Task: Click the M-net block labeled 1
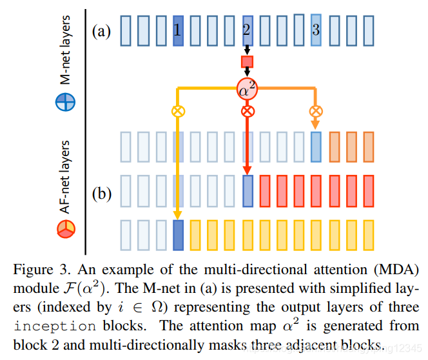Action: [x=178, y=30]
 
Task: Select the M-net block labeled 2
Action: [x=247, y=30]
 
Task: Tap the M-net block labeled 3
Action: [x=315, y=30]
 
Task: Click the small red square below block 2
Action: [x=247, y=63]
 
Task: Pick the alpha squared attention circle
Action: [x=247, y=89]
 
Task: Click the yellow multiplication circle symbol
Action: [x=178, y=111]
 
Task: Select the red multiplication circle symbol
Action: [x=247, y=111]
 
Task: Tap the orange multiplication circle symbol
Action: [x=315, y=111]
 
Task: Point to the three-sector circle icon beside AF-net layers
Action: [x=66, y=227]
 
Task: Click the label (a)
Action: [x=102, y=30]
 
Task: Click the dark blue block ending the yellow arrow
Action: [x=178, y=235]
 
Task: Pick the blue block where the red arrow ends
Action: [x=247, y=191]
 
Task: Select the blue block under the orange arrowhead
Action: [x=315, y=146]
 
